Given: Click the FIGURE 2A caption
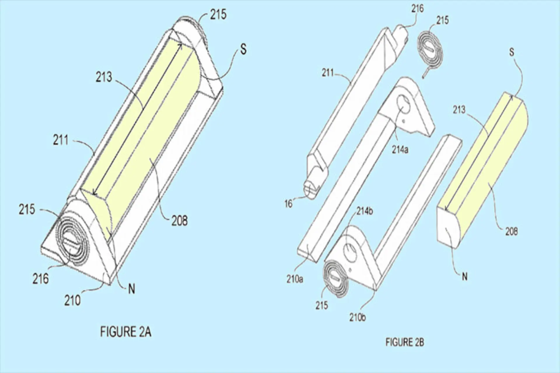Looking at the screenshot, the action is click(x=126, y=332).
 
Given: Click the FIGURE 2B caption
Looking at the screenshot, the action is click(x=405, y=342).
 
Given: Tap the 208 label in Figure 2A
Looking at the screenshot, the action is click(x=179, y=221).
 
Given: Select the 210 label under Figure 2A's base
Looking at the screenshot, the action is click(x=72, y=300).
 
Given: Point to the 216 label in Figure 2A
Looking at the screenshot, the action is click(x=41, y=279).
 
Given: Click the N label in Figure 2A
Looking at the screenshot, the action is click(x=132, y=289).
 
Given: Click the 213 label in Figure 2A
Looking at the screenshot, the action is click(x=104, y=77).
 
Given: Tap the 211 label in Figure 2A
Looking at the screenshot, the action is click(x=61, y=140).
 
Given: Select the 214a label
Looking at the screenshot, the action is click(x=400, y=150).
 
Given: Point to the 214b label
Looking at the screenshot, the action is click(x=364, y=211).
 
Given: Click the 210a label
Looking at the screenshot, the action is click(x=295, y=279).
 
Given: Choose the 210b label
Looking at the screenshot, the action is click(x=358, y=317).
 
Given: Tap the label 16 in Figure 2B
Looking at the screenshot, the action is click(x=288, y=204).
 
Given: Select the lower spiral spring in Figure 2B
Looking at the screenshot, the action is click(x=336, y=278).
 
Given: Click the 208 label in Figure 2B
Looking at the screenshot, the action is click(x=511, y=232).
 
